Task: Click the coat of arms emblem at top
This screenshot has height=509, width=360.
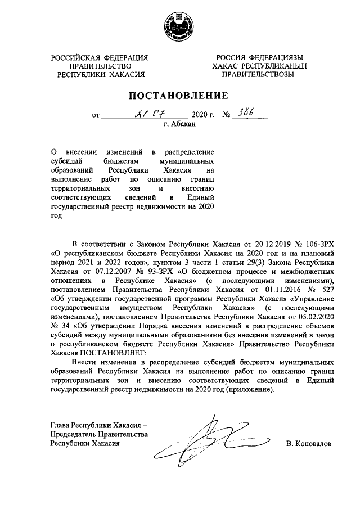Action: [x=179, y=27]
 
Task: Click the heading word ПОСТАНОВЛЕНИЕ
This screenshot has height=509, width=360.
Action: [x=180, y=95]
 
